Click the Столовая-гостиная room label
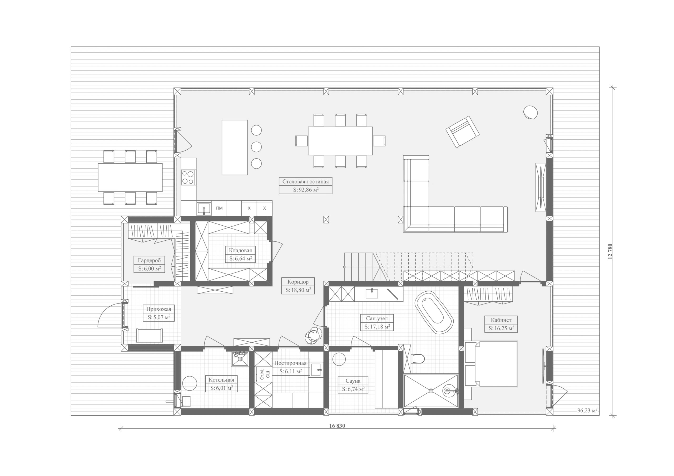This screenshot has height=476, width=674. click(305, 181)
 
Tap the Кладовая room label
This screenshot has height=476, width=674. click(240, 250)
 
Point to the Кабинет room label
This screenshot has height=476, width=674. click(501, 320)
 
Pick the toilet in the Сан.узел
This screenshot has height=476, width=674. click(418, 359)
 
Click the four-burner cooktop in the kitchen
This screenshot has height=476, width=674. click(188, 178)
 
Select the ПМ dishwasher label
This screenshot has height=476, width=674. click(219, 208)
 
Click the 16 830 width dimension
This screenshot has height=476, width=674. click(337, 426)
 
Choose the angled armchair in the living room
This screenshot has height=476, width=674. click(462, 132)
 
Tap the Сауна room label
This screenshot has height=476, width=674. click(353, 381)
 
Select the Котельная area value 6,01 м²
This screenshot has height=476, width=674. click(222, 388)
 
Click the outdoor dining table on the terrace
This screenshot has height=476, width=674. click(130, 178)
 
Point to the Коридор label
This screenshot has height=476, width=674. click(298, 282)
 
